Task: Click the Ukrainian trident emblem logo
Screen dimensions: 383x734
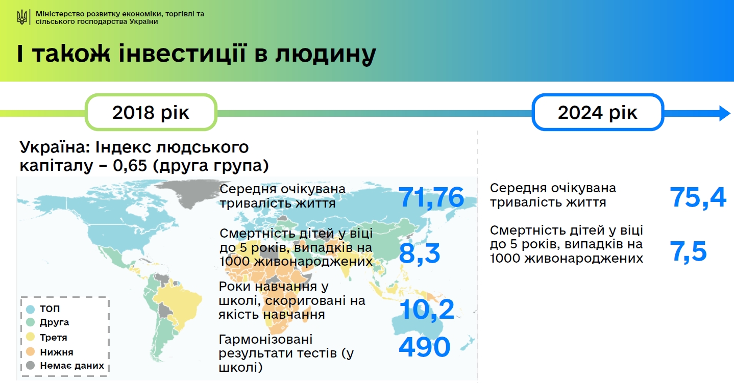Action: click(22, 18)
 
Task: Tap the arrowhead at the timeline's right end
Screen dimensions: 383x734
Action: click(724, 113)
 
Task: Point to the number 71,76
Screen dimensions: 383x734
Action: click(431, 197)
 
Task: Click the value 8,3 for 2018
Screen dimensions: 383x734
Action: click(419, 253)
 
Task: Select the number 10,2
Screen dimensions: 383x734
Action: click(426, 310)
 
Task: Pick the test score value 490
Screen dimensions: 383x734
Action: click(424, 347)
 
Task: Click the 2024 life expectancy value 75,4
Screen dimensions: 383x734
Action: click(698, 197)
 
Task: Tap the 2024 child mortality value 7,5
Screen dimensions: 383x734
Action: click(688, 252)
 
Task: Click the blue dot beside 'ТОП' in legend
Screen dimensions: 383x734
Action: click(31, 309)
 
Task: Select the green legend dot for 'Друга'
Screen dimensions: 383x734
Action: click(31, 323)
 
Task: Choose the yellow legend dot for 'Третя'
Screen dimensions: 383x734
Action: click(31, 338)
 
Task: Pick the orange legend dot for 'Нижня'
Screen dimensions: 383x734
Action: click(31, 352)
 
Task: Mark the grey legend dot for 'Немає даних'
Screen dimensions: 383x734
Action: click(31, 366)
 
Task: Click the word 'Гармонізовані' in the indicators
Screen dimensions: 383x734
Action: click(265, 340)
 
